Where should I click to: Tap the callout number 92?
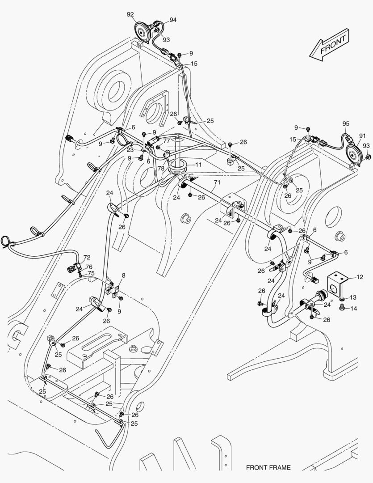[130, 15]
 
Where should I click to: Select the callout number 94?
[172, 20]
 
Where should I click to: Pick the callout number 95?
[346, 123]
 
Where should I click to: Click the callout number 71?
[217, 182]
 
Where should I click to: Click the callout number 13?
[352, 297]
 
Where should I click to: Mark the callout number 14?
[353, 308]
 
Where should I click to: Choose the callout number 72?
[87, 258]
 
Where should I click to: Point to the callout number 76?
[89, 267]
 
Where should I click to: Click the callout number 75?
[91, 273]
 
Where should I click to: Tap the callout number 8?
[123, 275]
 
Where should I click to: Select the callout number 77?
[166, 140]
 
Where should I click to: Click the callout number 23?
[130, 150]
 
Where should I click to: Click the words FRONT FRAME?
[268, 468]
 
